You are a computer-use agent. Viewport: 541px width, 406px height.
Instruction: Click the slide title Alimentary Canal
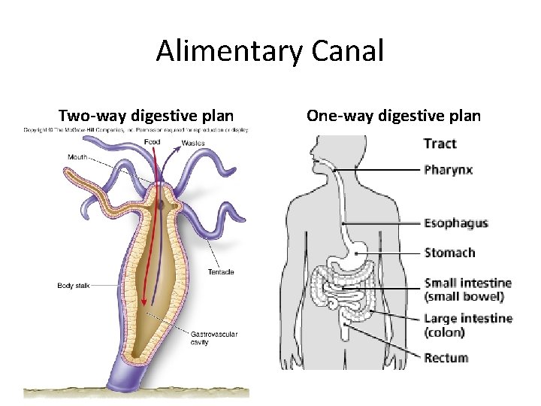pos(270,51)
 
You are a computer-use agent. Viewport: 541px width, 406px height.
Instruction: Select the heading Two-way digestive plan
pos(146,116)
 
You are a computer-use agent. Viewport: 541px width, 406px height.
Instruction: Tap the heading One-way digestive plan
pos(393,116)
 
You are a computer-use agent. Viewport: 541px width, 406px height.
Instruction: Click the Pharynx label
pos(448,170)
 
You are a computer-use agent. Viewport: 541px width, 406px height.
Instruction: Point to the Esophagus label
pos(456,223)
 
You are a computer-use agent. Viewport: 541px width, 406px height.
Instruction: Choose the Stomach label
pos(449,253)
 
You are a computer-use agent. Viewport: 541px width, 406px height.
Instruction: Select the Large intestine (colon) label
pos(468,325)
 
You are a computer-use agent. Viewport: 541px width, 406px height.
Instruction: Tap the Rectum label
pos(446,358)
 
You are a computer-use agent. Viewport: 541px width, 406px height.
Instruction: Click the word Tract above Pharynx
pos(440,144)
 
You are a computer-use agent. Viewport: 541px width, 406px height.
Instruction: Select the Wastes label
pos(193,144)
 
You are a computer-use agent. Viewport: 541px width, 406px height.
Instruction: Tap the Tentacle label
pos(221,271)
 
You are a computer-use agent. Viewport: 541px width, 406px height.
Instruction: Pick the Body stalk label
pos(74,286)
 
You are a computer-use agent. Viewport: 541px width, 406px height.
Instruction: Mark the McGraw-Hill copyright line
pos(136,130)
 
